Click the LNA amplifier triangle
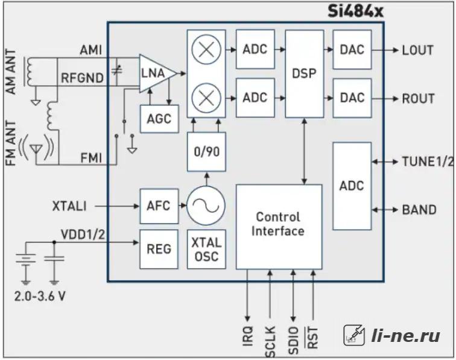click(x=157, y=74)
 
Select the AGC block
click(x=159, y=119)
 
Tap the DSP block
click(x=305, y=74)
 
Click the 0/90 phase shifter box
click(x=206, y=151)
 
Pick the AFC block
click(x=159, y=206)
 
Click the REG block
click(x=159, y=249)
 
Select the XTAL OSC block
click(x=206, y=249)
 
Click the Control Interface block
click(x=279, y=227)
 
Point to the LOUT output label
click(x=417, y=50)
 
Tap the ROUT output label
click(x=418, y=98)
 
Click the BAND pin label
click(x=419, y=210)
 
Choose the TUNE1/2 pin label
click(x=428, y=162)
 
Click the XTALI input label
click(x=69, y=206)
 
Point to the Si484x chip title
click(x=355, y=11)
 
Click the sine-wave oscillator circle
click(x=206, y=206)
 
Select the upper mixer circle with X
click(x=206, y=49)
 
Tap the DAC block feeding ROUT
click(x=352, y=98)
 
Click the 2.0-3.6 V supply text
click(x=40, y=296)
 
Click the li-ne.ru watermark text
click(x=405, y=336)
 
